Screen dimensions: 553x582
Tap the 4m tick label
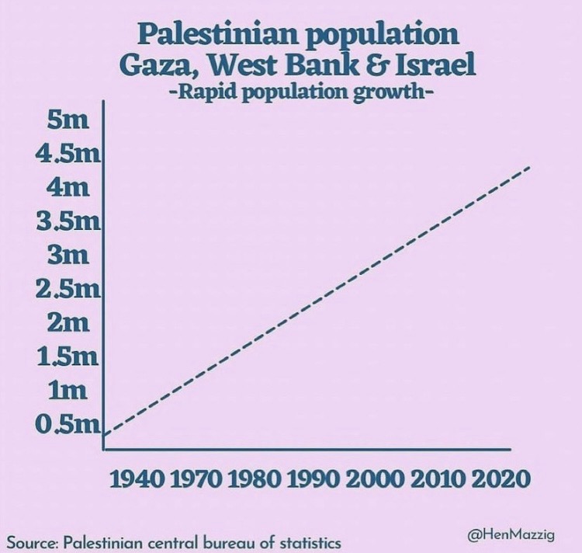pos(68,187)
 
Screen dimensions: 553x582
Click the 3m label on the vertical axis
pos(68,255)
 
